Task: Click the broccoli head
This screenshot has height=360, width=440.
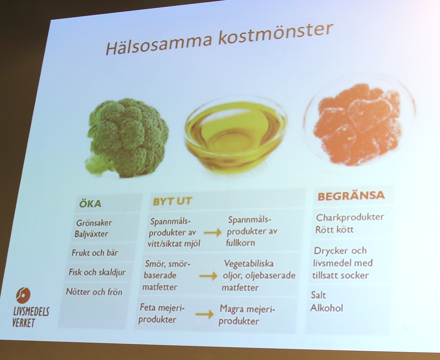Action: [127, 138]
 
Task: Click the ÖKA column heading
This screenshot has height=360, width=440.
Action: [90, 204]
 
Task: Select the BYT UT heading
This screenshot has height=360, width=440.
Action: [172, 201]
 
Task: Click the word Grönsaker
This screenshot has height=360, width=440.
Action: [94, 223]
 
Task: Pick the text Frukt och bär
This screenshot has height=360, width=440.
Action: [95, 253]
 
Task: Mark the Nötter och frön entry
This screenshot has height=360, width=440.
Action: [94, 292]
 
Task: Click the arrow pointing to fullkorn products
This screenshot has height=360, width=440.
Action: [213, 232]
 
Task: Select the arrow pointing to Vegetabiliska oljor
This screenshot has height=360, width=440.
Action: [208, 276]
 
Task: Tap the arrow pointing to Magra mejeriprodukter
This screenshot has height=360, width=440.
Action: [205, 314]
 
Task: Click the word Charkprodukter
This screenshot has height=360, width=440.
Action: [350, 217]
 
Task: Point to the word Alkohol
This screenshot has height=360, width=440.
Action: [326, 308]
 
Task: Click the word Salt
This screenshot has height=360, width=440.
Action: [318, 295]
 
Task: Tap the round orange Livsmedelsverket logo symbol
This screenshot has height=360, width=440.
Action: [23, 295]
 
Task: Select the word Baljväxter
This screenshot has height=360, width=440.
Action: [91, 234]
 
